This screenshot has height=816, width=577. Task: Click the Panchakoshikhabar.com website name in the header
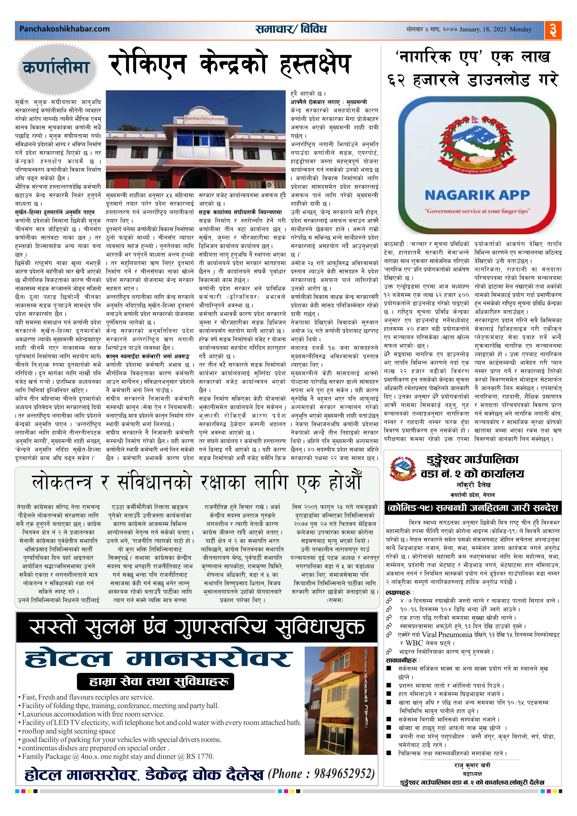(x=64, y=29)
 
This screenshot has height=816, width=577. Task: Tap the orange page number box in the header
(x=553, y=30)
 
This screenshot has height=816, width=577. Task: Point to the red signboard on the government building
(x=205, y=119)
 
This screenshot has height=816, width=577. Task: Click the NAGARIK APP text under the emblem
(x=477, y=195)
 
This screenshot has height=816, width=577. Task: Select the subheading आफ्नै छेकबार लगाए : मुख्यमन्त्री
(x=329, y=102)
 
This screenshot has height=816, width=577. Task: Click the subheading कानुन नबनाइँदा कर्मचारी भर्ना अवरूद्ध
(x=148, y=356)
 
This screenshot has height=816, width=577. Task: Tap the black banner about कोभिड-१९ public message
(x=472, y=508)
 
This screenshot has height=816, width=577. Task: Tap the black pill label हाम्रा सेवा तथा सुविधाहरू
(x=155, y=682)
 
